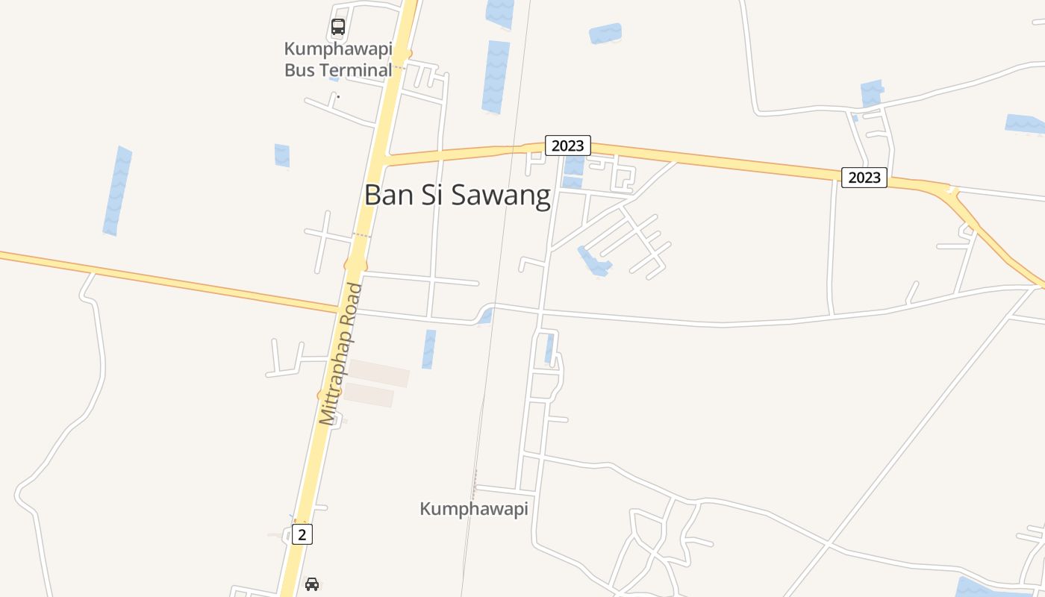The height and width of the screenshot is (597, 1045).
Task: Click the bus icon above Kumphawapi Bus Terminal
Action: pos(338,28)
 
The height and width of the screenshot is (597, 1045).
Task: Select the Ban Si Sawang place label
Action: pos(457,195)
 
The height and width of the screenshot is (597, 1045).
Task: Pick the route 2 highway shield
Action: pos(302,534)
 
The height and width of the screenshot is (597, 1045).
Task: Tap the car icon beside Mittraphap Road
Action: pos(312,584)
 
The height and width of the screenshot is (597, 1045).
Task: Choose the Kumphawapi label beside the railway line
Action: pos(474,509)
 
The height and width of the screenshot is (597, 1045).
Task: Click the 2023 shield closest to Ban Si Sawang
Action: pos(567,146)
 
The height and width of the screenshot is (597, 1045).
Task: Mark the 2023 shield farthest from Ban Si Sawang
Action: pos(864,178)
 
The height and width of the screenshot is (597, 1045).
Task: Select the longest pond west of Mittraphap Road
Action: pos(117,191)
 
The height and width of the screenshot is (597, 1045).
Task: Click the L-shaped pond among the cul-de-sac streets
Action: pos(594,262)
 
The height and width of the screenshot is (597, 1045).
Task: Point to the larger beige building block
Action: pos(379,373)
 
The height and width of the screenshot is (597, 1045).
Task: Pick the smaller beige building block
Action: pos(369,396)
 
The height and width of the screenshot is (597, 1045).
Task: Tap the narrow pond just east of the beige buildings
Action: pos(428,349)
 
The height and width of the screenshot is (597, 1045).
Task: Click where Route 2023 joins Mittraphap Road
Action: pos(383,160)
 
